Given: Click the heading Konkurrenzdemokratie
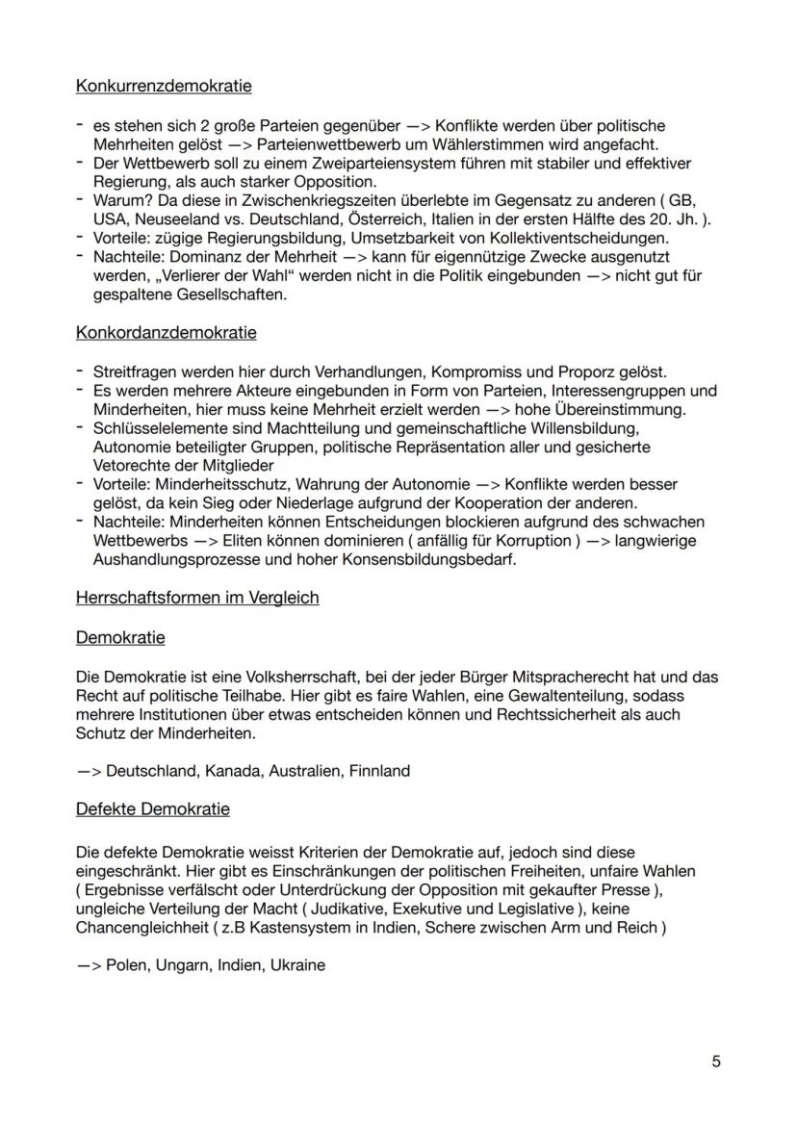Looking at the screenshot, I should click(x=164, y=86).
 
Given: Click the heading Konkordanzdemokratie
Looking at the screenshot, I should click(x=166, y=333).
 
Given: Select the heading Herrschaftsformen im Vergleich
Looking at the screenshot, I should click(x=197, y=598).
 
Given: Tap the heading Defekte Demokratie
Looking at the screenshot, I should click(x=152, y=808).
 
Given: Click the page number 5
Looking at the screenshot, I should click(x=716, y=1063).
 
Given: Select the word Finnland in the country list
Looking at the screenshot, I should click(x=379, y=770).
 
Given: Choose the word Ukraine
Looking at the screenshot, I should click(x=297, y=964).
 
